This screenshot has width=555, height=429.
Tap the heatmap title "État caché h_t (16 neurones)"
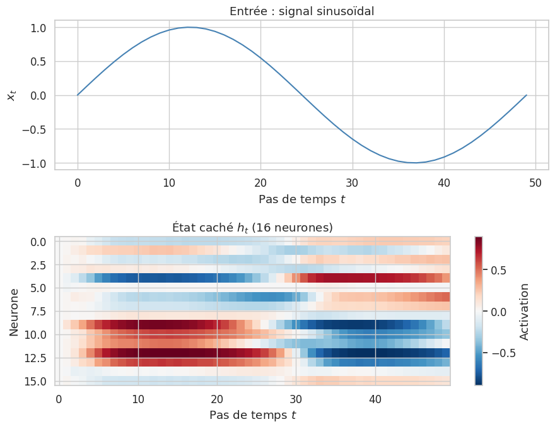tap(252, 226)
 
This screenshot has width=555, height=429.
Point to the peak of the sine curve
tap(189, 27)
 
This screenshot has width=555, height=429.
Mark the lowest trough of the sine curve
tap(414, 163)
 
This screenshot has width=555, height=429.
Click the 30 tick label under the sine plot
tap(352, 183)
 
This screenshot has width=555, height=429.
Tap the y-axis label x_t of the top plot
tap(11, 95)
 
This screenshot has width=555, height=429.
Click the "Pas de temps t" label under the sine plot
tap(301, 199)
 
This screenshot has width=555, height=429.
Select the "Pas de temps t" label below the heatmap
tap(252, 415)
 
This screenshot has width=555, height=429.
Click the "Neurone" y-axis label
tap(14, 311)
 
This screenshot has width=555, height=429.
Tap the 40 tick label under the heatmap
tap(375, 399)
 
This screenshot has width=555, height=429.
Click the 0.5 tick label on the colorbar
tap(499, 271)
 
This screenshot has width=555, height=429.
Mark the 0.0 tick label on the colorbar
tap(499, 312)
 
